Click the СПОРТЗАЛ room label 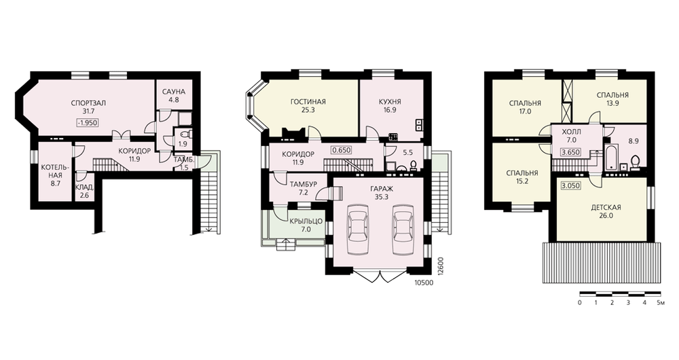tap(89, 103)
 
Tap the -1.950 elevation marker tap(88, 122)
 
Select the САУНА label tap(174, 92)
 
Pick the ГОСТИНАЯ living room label tap(308, 102)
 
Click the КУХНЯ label tap(390, 102)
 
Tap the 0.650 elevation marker tap(342, 150)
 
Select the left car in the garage tap(358, 229)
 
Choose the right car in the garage tap(403, 229)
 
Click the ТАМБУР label tap(303, 184)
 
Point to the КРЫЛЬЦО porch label tap(306, 221)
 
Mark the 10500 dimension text tap(424, 283)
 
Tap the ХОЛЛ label tap(571, 132)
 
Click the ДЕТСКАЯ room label tap(606, 207)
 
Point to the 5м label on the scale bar tap(660, 302)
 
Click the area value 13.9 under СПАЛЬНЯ tap(612, 103)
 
